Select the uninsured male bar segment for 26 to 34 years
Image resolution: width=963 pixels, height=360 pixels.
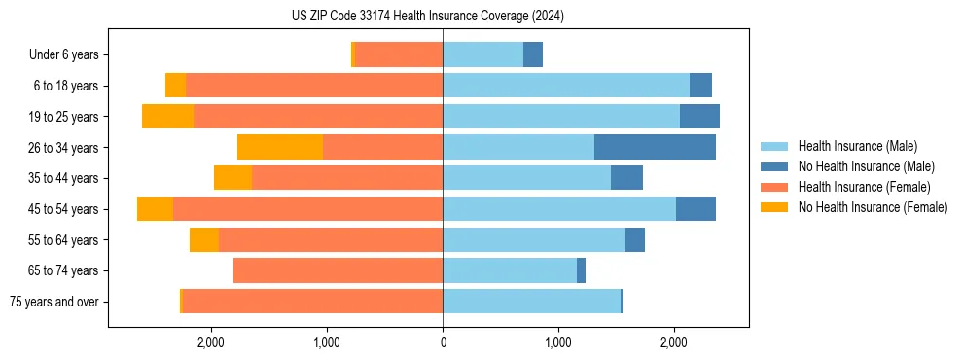655,147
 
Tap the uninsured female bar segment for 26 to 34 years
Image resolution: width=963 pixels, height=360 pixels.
280,147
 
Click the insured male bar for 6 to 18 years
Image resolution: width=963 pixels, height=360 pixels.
566,86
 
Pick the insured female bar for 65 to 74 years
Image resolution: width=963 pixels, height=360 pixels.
338,270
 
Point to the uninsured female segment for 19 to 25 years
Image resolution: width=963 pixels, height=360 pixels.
167,117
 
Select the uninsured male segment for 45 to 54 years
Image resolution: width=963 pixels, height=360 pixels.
695,209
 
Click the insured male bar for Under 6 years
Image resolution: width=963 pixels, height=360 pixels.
482,54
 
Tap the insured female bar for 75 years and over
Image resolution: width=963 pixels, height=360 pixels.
312,302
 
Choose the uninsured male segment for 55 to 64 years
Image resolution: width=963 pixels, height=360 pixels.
635,239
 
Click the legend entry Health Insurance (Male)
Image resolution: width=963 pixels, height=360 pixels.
857,146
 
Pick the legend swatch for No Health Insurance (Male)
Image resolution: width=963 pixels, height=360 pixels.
774,166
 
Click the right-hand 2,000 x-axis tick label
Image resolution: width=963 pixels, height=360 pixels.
674,342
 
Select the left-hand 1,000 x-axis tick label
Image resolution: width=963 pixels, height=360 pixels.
327,342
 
